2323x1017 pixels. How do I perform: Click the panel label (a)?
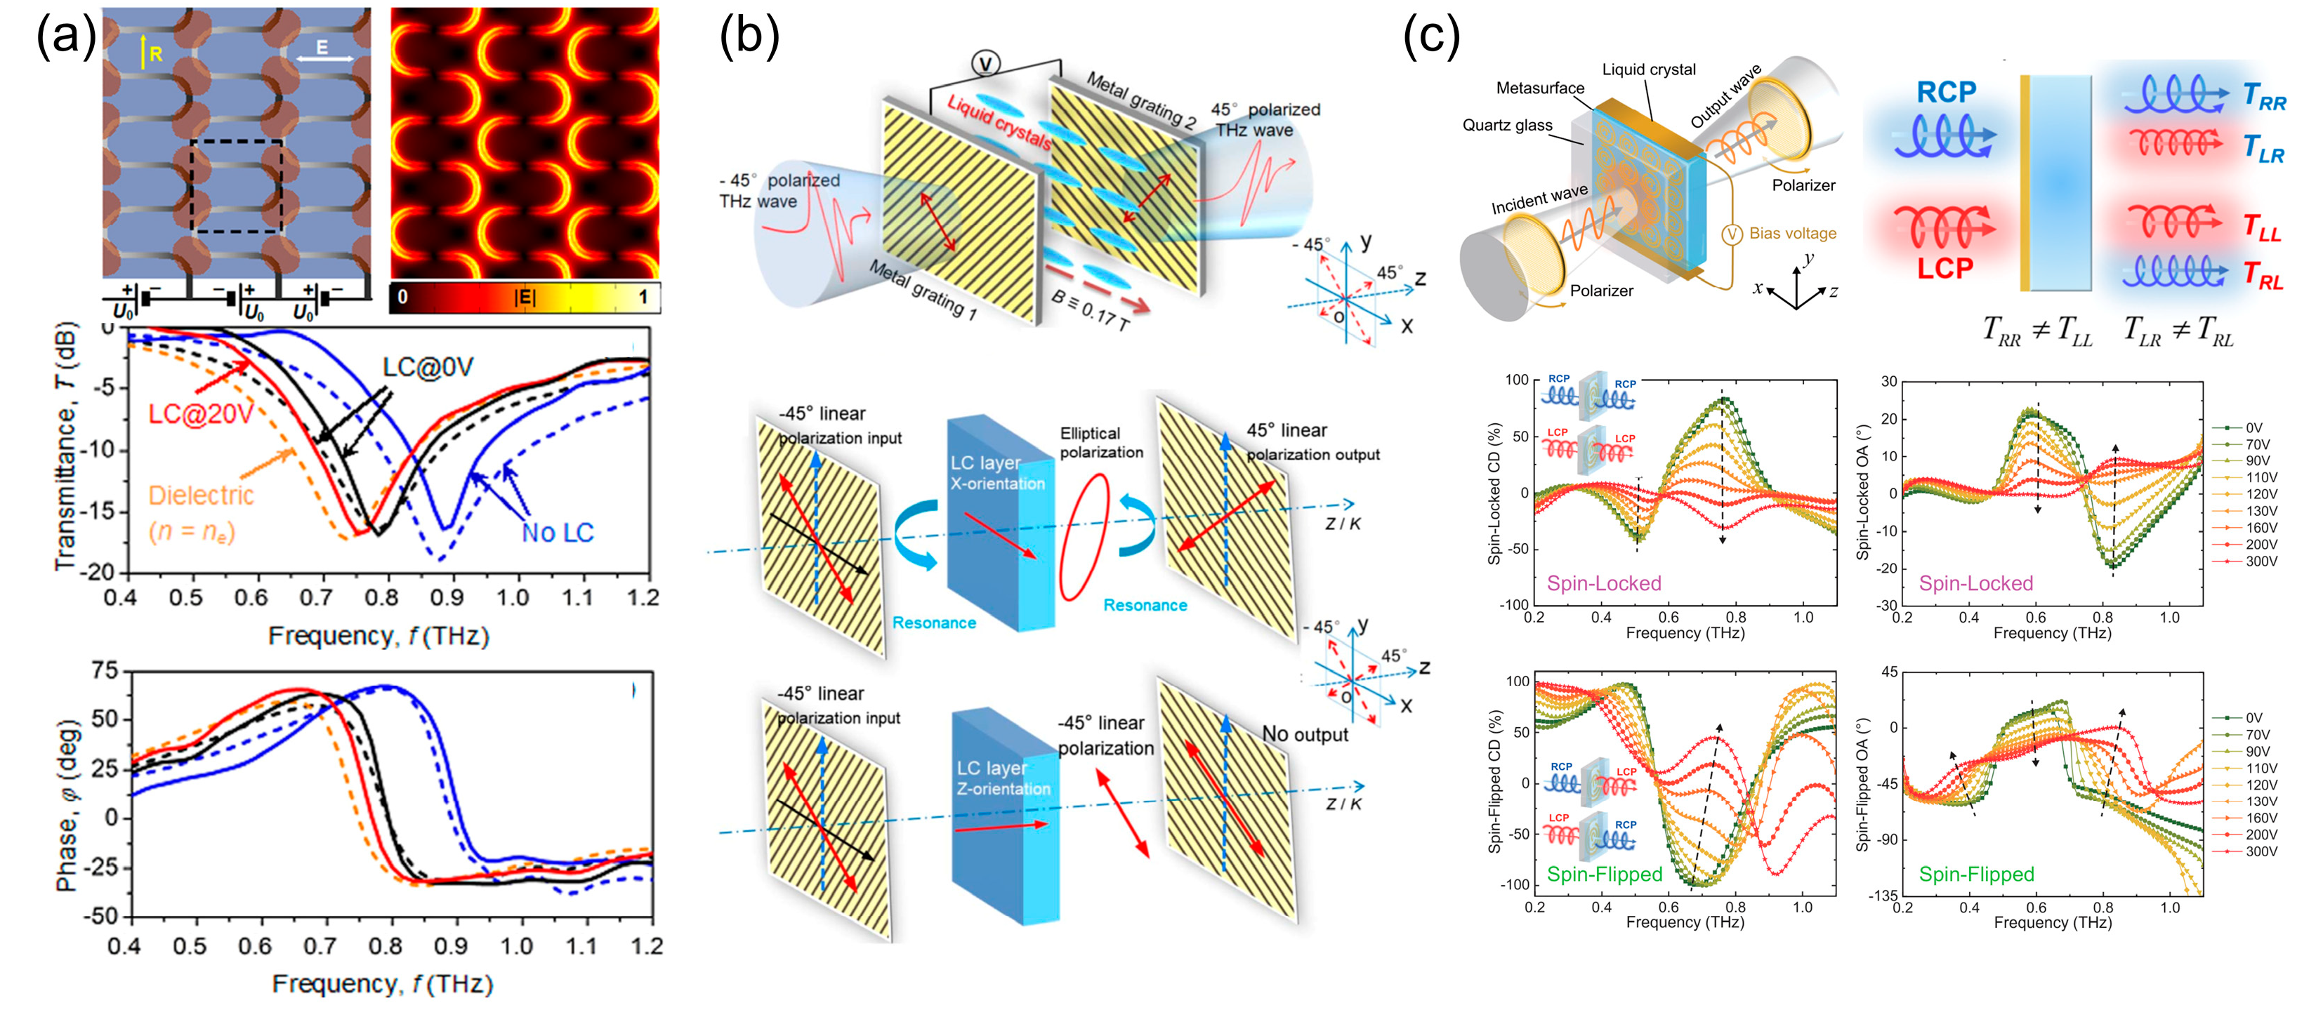(x=65, y=38)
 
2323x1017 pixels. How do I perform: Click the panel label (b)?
(x=749, y=38)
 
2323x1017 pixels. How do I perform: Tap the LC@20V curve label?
(x=200, y=414)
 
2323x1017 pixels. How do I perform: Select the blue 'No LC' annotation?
(x=558, y=533)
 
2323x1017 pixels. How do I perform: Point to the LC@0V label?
(x=428, y=367)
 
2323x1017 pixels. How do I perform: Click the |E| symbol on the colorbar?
(x=524, y=297)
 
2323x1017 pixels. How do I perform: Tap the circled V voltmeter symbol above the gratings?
(x=986, y=64)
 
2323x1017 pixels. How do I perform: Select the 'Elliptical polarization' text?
(x=1100, y=443)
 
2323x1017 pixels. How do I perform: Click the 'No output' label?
(x=1305, y=734)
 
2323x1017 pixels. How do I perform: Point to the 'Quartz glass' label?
(x=1507, y=126)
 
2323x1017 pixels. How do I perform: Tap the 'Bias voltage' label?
(x=1792, y=234)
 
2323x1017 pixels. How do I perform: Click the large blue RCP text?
(x=1946, y=92)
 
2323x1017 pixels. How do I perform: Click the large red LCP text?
(x=1944, y=269)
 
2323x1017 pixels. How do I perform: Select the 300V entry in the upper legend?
(x=2260, y=561)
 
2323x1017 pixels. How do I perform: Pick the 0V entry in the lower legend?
(x=2253, y=718)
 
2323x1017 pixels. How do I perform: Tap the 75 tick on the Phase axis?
(x=105, y=670)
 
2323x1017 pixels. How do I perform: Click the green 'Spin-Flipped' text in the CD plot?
(x=1605, y=874)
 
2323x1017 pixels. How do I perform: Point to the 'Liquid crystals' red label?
(x=999, y=123)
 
